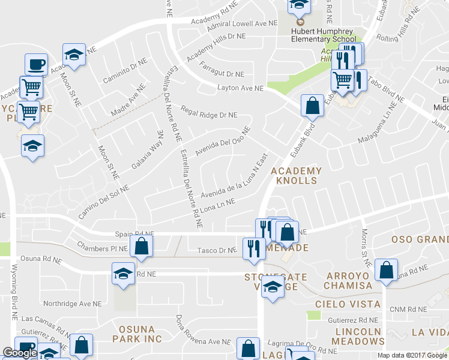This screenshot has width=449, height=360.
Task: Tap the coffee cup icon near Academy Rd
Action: [36, 64]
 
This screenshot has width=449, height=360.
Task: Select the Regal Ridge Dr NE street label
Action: [209, 114]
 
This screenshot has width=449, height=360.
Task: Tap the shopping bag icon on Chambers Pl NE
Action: [141, 245]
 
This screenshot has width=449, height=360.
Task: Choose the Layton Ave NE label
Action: [240, 88]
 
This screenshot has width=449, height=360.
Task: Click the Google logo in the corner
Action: [20, 353]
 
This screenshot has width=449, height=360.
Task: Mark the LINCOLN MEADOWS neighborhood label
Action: [359, 337]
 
